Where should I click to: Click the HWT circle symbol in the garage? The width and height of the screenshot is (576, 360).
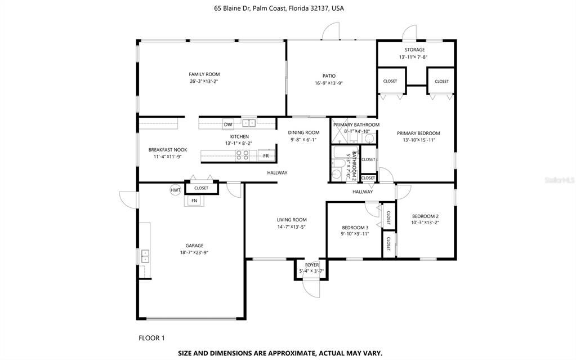[176, 190]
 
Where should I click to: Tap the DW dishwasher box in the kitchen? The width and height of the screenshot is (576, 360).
[228, 125]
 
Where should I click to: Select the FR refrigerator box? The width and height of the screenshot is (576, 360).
[266, 155]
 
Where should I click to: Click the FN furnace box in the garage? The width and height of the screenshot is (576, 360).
[194, 201]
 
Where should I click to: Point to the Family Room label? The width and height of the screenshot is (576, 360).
[204, 74]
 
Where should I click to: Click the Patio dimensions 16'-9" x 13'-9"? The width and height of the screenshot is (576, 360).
[329, 83]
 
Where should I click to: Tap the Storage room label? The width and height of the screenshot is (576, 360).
[414, 50]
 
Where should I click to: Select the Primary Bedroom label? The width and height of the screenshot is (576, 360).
[418, 134]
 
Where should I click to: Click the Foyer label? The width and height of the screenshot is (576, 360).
[312, 265]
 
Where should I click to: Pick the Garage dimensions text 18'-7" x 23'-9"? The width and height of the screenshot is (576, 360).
[195, 252]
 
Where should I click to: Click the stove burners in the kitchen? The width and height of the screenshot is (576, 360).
[243, 155]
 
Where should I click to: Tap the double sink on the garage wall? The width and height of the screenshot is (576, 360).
[145, 257]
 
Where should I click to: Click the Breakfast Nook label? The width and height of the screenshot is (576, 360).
[168, 150]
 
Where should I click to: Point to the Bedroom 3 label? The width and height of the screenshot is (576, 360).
[355, 228]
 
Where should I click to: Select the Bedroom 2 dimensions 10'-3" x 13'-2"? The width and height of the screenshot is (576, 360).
[425, 222]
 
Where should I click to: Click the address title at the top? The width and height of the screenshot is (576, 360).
[287, 8]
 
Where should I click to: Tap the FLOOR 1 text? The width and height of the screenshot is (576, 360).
[151, 338]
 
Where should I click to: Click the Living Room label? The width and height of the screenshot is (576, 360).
[291, 220]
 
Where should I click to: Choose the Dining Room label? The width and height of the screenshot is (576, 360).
[304, 133]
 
